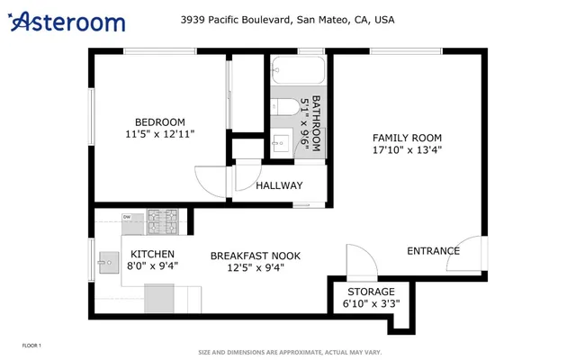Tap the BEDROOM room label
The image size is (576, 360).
coord(160,122)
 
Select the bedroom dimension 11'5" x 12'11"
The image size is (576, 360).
coord(160,134)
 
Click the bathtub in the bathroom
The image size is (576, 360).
coord(297,71)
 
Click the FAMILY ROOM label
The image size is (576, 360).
coord(407,138)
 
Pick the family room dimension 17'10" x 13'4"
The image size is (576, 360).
coord(407,150)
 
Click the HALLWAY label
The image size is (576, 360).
coord(279,186)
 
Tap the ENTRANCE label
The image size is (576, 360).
coord(433,251)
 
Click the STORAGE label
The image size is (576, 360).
coord(371,292)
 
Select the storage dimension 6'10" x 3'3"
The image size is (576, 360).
coord(371,304)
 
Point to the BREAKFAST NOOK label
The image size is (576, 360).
coord(255,256)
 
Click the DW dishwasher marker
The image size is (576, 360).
coord(127,217)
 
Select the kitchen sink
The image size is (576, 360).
coord(108,264)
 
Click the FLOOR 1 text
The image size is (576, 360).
coord(31,346)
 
